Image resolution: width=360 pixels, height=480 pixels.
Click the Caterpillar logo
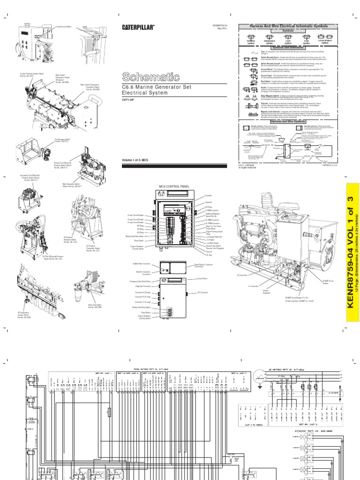click(x=139, y=28)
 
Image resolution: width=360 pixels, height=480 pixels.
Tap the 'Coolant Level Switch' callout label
click(x=62, y=26)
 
